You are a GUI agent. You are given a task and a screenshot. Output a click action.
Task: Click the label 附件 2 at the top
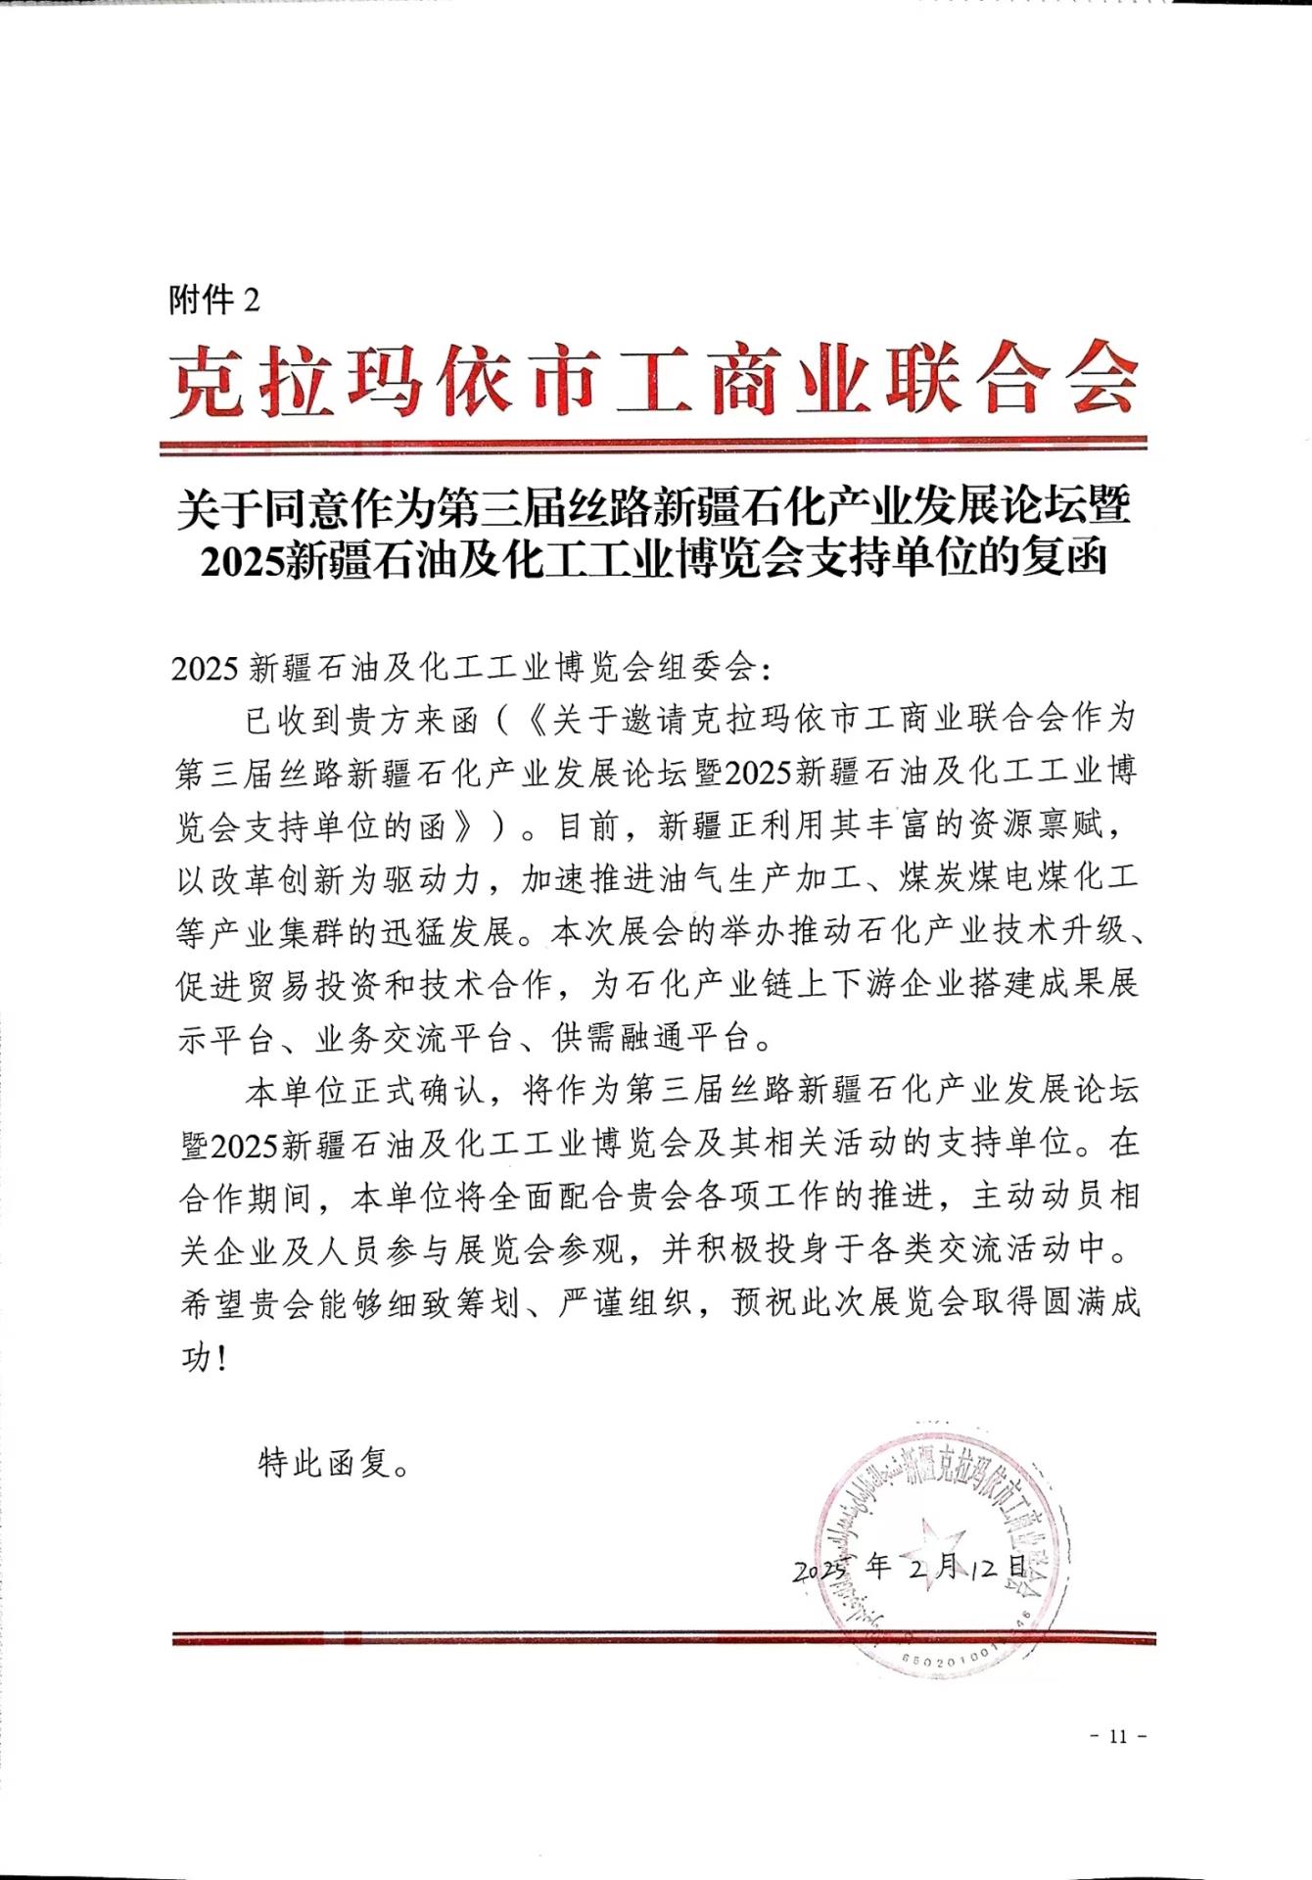215,300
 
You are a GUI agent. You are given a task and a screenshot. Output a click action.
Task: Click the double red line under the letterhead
653,446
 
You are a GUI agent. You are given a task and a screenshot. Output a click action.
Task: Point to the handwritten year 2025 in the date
819,1571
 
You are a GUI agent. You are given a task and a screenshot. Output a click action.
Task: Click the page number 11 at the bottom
1118,1736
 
